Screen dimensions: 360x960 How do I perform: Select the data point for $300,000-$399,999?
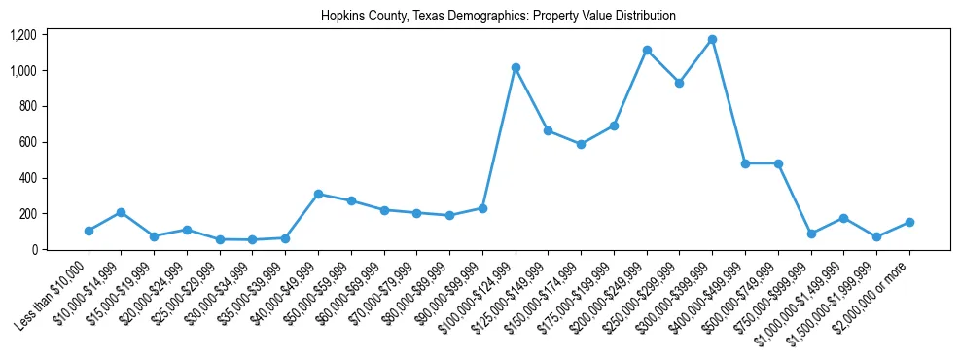712,40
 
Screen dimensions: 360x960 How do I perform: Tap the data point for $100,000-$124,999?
516,68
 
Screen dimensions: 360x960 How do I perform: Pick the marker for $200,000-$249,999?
647,51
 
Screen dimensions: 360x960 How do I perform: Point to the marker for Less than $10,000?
89,231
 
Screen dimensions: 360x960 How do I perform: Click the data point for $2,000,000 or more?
909,222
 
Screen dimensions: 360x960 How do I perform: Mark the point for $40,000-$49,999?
318,194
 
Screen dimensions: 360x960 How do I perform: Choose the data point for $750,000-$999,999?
811,234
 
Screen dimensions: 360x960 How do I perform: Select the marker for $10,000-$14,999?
121,212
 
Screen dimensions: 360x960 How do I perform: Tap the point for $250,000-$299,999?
680,83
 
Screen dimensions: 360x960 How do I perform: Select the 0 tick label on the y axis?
34,249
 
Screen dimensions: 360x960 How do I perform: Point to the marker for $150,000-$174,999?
581,144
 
